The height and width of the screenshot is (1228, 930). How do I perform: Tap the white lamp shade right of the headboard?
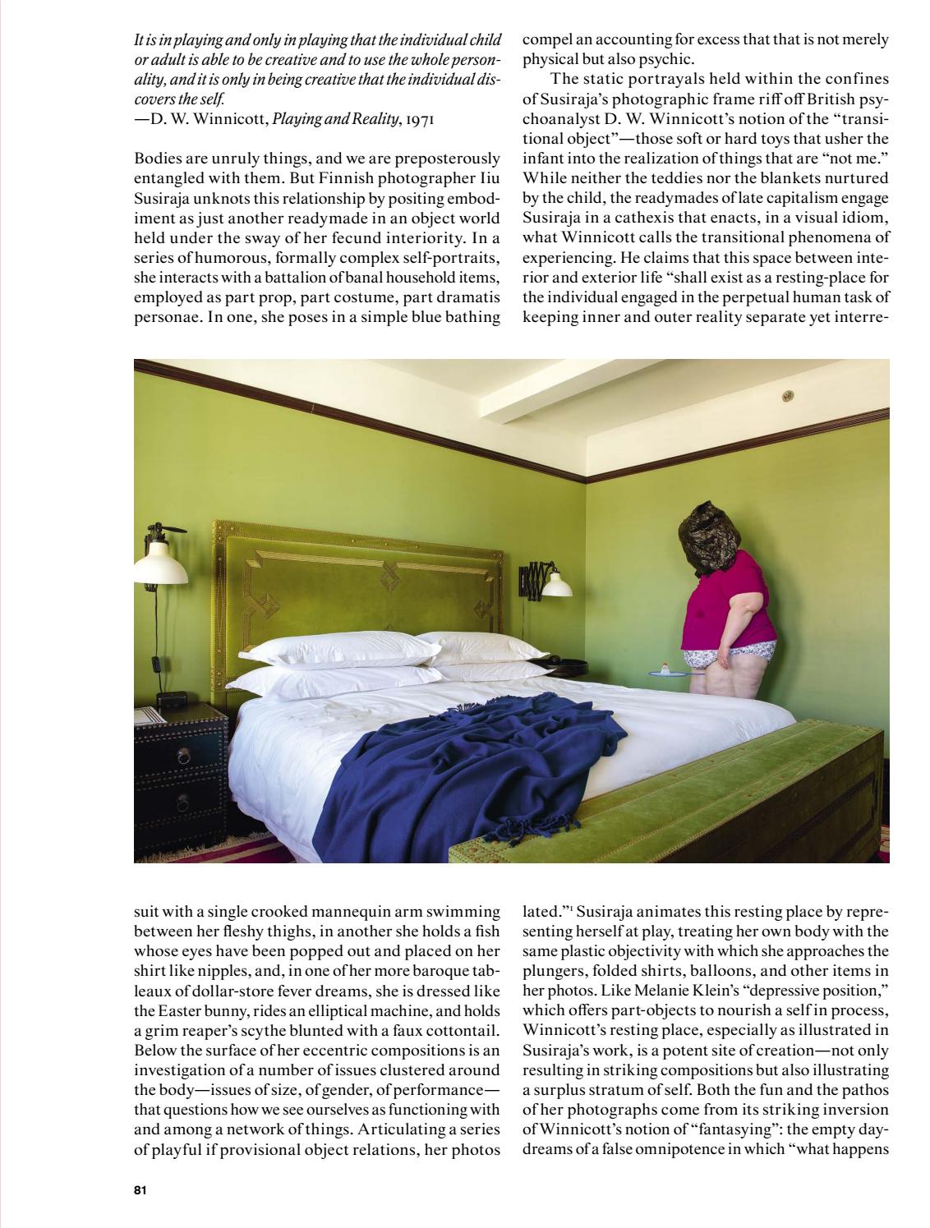click(555, 583)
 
